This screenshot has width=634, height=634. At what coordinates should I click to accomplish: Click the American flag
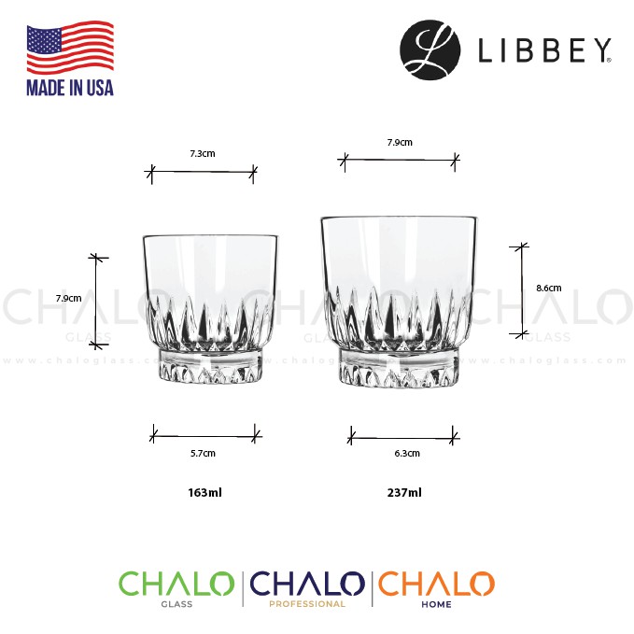coord(70,48)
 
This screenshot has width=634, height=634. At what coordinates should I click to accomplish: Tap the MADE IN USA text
coord(70,88)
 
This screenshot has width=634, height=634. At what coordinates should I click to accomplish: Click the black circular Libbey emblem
coord(430,49)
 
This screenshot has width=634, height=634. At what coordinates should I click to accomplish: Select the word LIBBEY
coord(544,50)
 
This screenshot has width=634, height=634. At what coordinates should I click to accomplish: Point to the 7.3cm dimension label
coord(203,154)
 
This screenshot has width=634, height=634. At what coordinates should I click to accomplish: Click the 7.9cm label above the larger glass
coord(400,142)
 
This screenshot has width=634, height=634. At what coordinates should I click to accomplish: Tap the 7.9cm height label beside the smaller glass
coord(69,299)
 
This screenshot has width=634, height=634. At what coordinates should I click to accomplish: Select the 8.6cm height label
coord(549,289)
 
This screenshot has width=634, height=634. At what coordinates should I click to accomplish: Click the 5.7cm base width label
coord(203,453)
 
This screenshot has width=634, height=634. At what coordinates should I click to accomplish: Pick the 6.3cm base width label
coord(407,453)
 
